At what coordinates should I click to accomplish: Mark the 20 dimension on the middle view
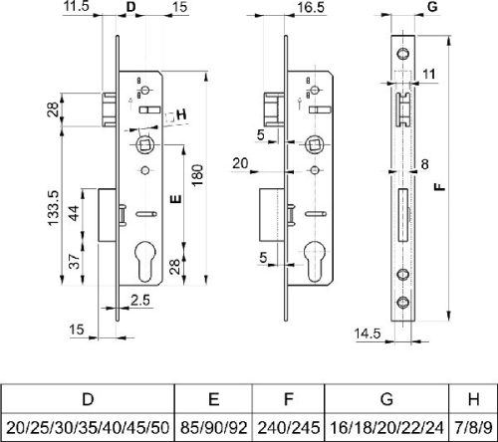[239, 160]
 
